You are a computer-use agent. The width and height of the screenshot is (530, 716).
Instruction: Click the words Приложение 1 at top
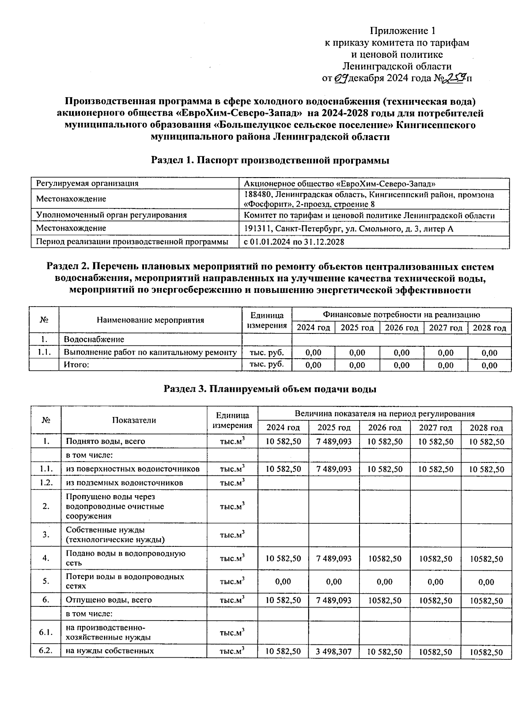[x=402, y=31]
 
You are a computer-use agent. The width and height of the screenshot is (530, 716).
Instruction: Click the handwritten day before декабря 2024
[x=341, y=79]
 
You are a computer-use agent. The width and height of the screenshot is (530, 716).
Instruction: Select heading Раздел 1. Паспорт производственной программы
[x=270, y=160]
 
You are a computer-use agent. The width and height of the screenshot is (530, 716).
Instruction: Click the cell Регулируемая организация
[x=87, y=183]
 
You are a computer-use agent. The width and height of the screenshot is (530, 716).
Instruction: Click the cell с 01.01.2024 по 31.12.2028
[x=294, y=242]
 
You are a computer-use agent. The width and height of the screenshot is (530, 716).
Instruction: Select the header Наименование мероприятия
[x=150, y=320]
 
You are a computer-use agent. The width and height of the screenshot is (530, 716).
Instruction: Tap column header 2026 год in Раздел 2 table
[x=401, y=328]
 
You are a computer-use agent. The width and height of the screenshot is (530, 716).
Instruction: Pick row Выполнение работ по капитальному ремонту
[x=150, y=352]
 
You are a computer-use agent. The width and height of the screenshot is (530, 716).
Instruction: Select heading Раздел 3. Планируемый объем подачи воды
[x=270, y=389]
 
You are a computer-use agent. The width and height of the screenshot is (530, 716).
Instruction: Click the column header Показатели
[x=134, y=421]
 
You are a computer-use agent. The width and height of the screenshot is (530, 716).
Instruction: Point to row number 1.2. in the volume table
[x=46, y=482]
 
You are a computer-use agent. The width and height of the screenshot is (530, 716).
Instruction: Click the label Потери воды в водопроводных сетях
[x=125, y=581]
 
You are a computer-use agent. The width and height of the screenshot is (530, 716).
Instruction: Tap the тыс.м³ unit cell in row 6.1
[x=232, y=633]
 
